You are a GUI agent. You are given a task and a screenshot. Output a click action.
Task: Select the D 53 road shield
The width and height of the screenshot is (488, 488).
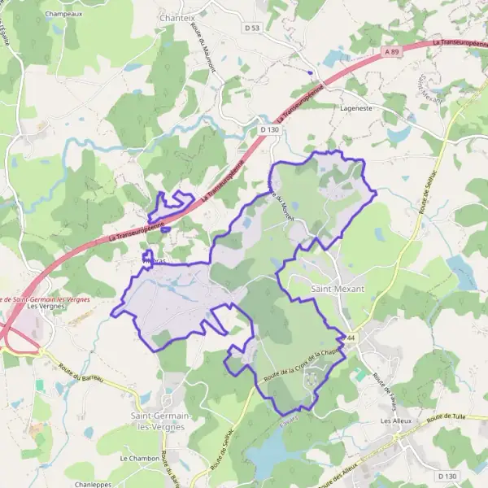coord(252,28)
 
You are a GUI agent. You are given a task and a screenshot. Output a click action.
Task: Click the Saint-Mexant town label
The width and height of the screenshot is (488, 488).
coord(338,289)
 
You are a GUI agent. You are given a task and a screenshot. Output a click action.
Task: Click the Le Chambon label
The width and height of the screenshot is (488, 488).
coord(139,459)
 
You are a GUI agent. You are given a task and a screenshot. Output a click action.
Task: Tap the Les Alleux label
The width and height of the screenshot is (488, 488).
coord(398,421)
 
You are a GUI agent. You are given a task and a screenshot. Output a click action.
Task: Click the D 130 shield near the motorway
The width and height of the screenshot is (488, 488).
coord(269,129)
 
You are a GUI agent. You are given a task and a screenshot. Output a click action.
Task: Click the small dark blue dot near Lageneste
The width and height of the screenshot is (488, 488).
coord(309,72)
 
